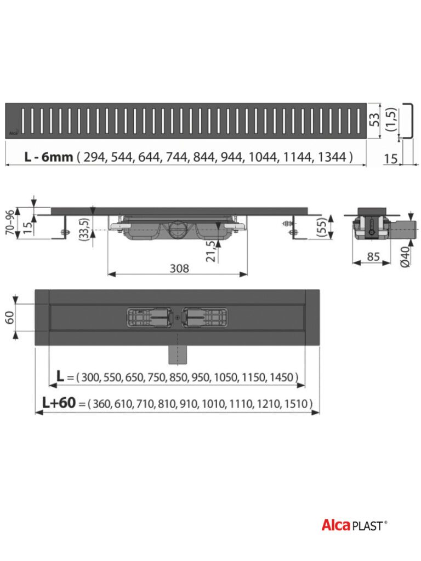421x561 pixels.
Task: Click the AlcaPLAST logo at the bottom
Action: tap(354, 525)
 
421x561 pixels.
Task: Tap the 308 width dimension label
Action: tap(179, 268)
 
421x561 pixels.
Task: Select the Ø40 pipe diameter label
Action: tap(405, 256)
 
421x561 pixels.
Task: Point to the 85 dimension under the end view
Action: tap(373, 256)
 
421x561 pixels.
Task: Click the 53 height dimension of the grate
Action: tap(374, 120)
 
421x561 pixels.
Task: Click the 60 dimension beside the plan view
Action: tap(9, 317)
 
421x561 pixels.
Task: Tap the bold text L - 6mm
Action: tap(49, 157)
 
